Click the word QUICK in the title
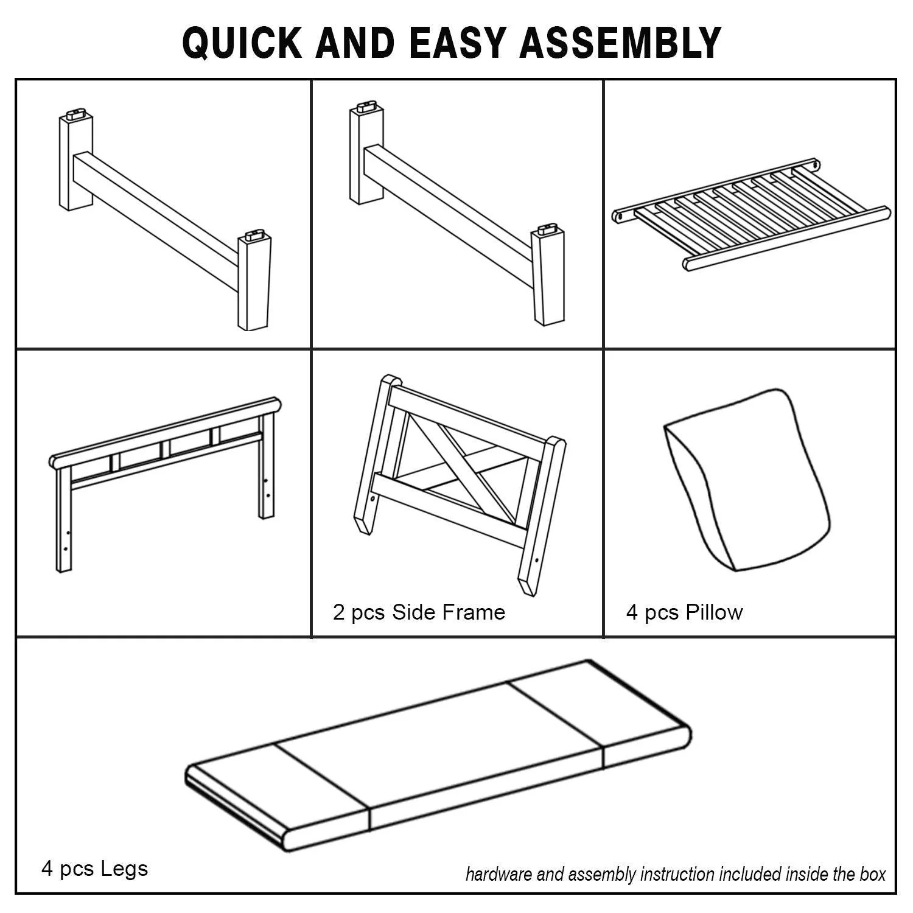tap(242, 43)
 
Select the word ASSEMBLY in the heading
tap(620, 43)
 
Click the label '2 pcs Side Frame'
tap(419, 612)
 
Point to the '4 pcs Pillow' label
tap(684, 612)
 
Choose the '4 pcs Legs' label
tap(94, 869)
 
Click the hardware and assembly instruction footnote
tap(676, 875)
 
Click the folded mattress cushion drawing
tap(438, 755)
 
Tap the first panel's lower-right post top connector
tap(255, 235)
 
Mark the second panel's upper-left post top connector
tap(366, 107)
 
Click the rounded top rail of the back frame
tap(166, 432)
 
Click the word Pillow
tap(714, 612)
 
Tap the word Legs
tap(124, 869)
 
